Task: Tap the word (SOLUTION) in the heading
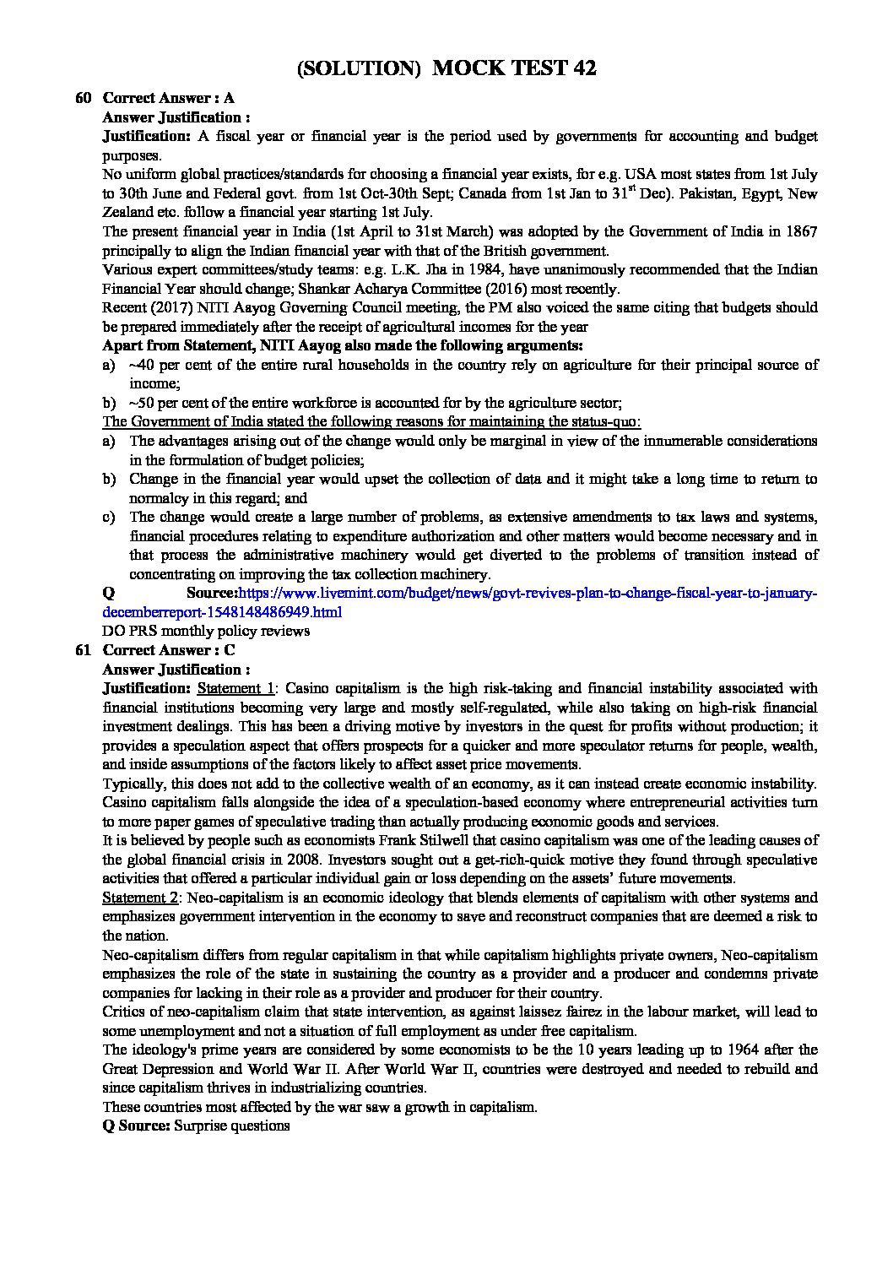tap(359, 68)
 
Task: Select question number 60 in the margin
tap(84, 98)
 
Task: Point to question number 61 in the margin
tap(84, 650)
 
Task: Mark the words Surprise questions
tap(231, 1126)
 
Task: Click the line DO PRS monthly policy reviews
tap(206, 631)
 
